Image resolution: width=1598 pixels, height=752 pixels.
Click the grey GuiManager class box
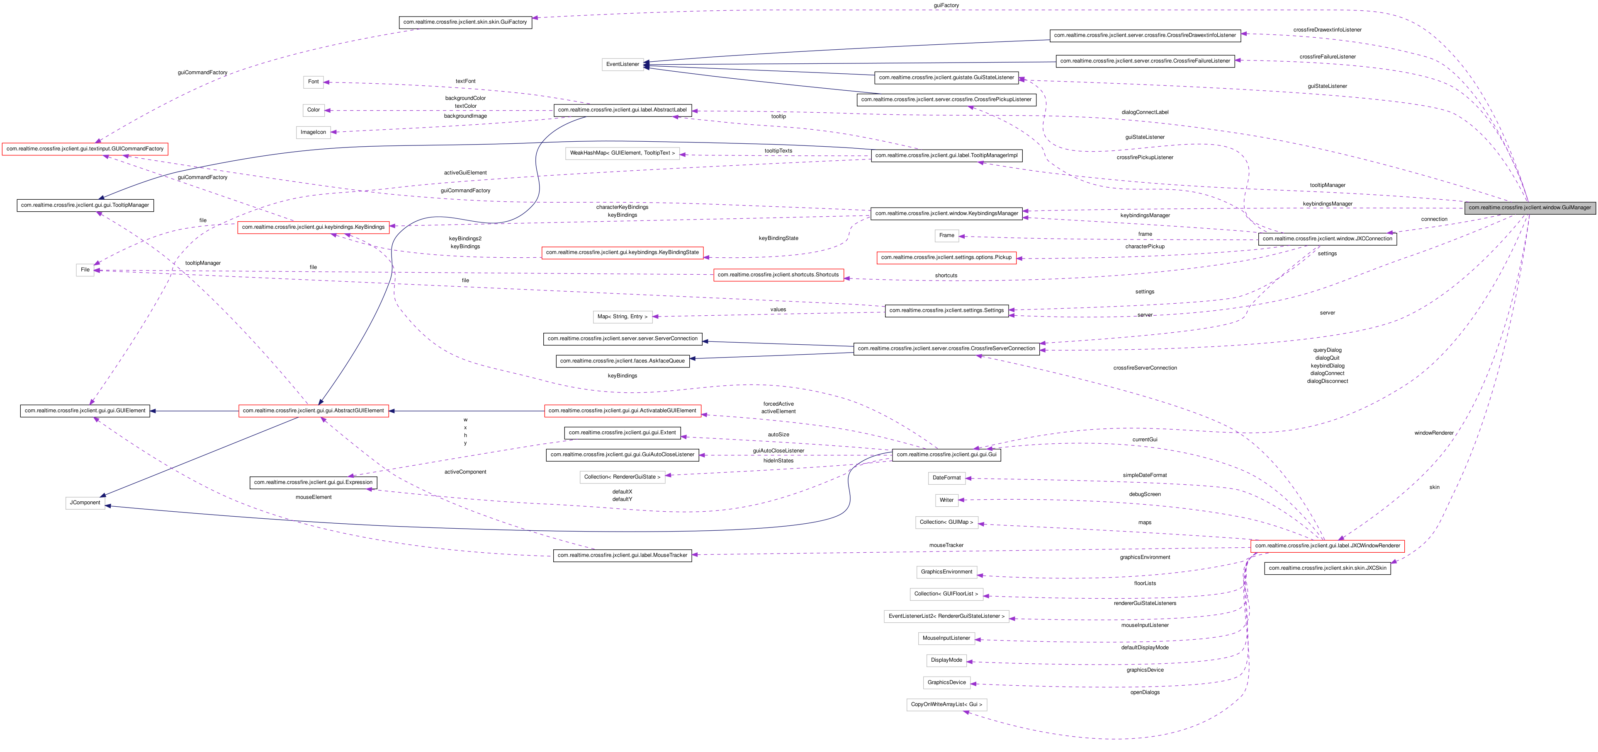[x=1529, y=208]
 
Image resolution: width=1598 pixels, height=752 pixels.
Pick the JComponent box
[x=85, y=503]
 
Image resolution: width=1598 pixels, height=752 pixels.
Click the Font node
[x=313, y=82]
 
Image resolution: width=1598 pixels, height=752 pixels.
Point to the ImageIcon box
[x=313, y=132]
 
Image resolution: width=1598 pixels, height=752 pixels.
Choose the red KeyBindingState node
[x=622, y=253]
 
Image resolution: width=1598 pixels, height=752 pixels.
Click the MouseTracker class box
[x=622, y=556]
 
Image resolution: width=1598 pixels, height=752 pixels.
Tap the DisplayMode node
[x=946, y=660]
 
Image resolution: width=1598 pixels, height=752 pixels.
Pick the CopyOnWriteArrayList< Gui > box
[x=946, y=705]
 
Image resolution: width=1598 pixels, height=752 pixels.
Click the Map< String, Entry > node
[x=622, y=317]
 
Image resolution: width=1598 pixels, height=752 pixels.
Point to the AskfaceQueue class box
[x=622, y=361]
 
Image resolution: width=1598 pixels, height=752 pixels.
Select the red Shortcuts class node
[x=778, y=275]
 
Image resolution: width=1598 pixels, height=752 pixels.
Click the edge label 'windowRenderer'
[x=1434, y=433]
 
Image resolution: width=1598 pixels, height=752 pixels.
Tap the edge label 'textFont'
[x=465, y=81]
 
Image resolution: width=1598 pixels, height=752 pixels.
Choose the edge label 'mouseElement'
[x=313, y=497]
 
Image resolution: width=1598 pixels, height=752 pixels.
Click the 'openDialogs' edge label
[x=1145, y=692]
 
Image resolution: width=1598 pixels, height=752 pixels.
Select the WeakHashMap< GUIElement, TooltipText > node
[x=622, y=153]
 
